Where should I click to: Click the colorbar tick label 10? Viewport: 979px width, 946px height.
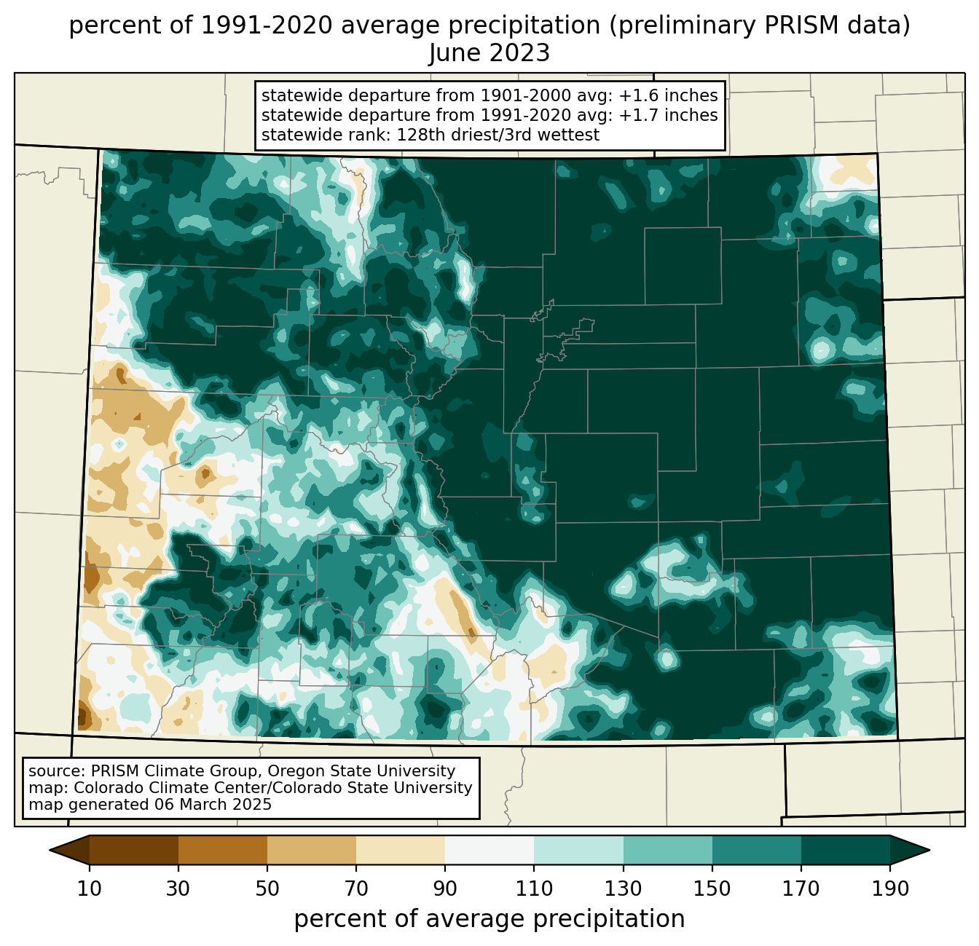coord(89,889)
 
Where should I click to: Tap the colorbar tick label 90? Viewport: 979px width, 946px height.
coord(445,889)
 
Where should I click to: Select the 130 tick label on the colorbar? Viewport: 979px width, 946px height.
coord(623,889)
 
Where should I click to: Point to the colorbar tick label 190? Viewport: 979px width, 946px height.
coord(890,889)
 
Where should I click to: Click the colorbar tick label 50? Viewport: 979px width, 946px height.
coord(267,889)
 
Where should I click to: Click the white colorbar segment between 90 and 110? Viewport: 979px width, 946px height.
coord(489,851)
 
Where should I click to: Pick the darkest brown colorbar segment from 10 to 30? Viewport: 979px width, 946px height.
coord(134,851)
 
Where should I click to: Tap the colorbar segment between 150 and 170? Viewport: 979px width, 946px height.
coord(757,851)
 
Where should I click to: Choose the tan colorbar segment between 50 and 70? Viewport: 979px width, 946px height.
coord(312,851)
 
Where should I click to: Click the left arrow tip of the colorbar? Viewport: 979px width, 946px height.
coord(50,851)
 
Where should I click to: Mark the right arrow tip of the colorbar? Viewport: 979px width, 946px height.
coord(929,851)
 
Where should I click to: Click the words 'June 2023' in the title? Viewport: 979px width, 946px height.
coord(489,53)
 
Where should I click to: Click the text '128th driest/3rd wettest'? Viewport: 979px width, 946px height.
coord(498,135)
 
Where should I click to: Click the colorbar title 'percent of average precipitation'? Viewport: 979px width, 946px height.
coord(489,918)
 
